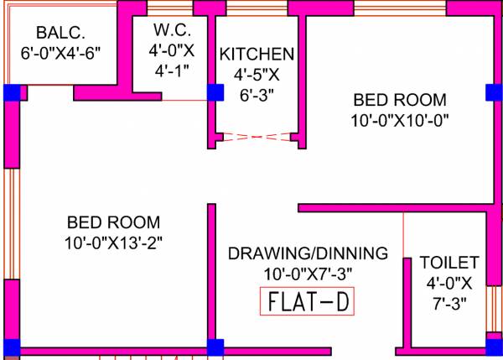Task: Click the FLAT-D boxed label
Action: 308,301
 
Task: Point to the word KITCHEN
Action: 257,55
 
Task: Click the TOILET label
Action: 449,263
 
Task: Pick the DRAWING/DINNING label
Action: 308,253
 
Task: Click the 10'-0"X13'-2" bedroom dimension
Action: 113,243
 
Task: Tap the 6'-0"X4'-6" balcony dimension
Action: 60,52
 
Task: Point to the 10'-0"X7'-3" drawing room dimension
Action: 308,273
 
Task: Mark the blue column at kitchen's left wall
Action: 215,92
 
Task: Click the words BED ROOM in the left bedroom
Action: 113,223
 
